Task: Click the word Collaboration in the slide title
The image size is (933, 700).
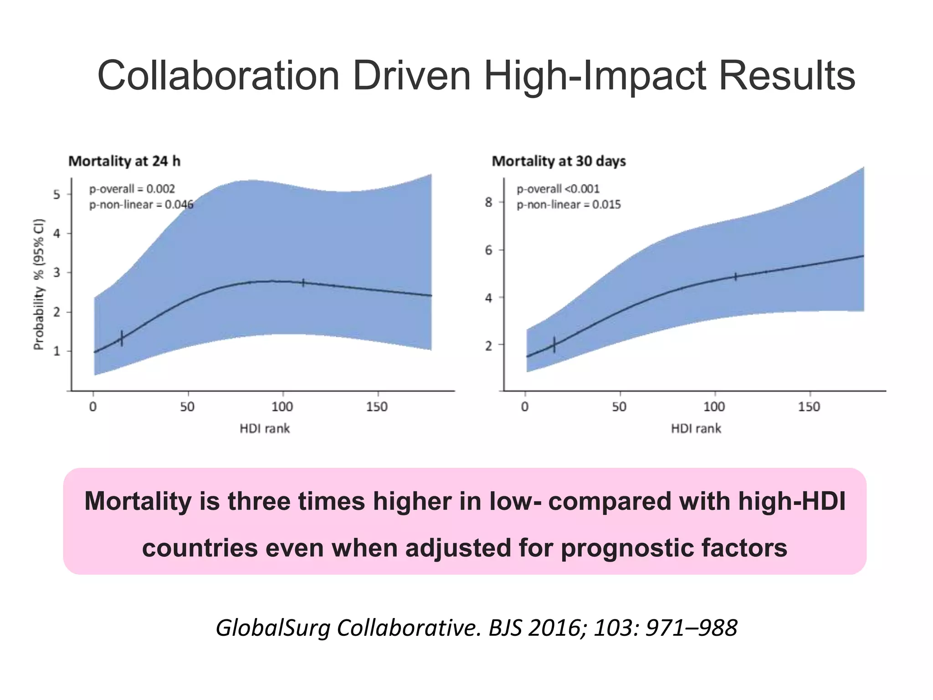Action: pos(218,76)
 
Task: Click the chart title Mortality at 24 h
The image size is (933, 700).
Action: pos(124,161)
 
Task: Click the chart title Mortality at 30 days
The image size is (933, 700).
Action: pos(559,161)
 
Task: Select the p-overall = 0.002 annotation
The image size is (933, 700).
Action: pos(132,189)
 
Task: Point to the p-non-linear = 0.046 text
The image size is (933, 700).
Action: pos(141,205)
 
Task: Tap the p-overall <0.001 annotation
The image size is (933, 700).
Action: pos(558,189)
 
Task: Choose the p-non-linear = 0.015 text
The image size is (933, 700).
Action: pos(569,205)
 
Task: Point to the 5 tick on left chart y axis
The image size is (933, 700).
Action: pos(56,195)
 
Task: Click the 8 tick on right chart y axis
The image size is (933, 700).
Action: pos(488,202)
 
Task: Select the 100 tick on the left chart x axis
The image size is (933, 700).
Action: pos(282,407)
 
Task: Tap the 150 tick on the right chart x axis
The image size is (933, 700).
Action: pos(809,407)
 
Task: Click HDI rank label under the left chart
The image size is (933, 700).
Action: pos(265,428)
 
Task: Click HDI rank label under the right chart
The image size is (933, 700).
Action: pos(696,428)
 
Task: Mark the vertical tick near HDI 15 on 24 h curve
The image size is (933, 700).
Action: pos(122,338)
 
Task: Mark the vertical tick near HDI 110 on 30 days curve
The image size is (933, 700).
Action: pos(735,277)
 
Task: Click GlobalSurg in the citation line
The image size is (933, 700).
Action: pos(273,628)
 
